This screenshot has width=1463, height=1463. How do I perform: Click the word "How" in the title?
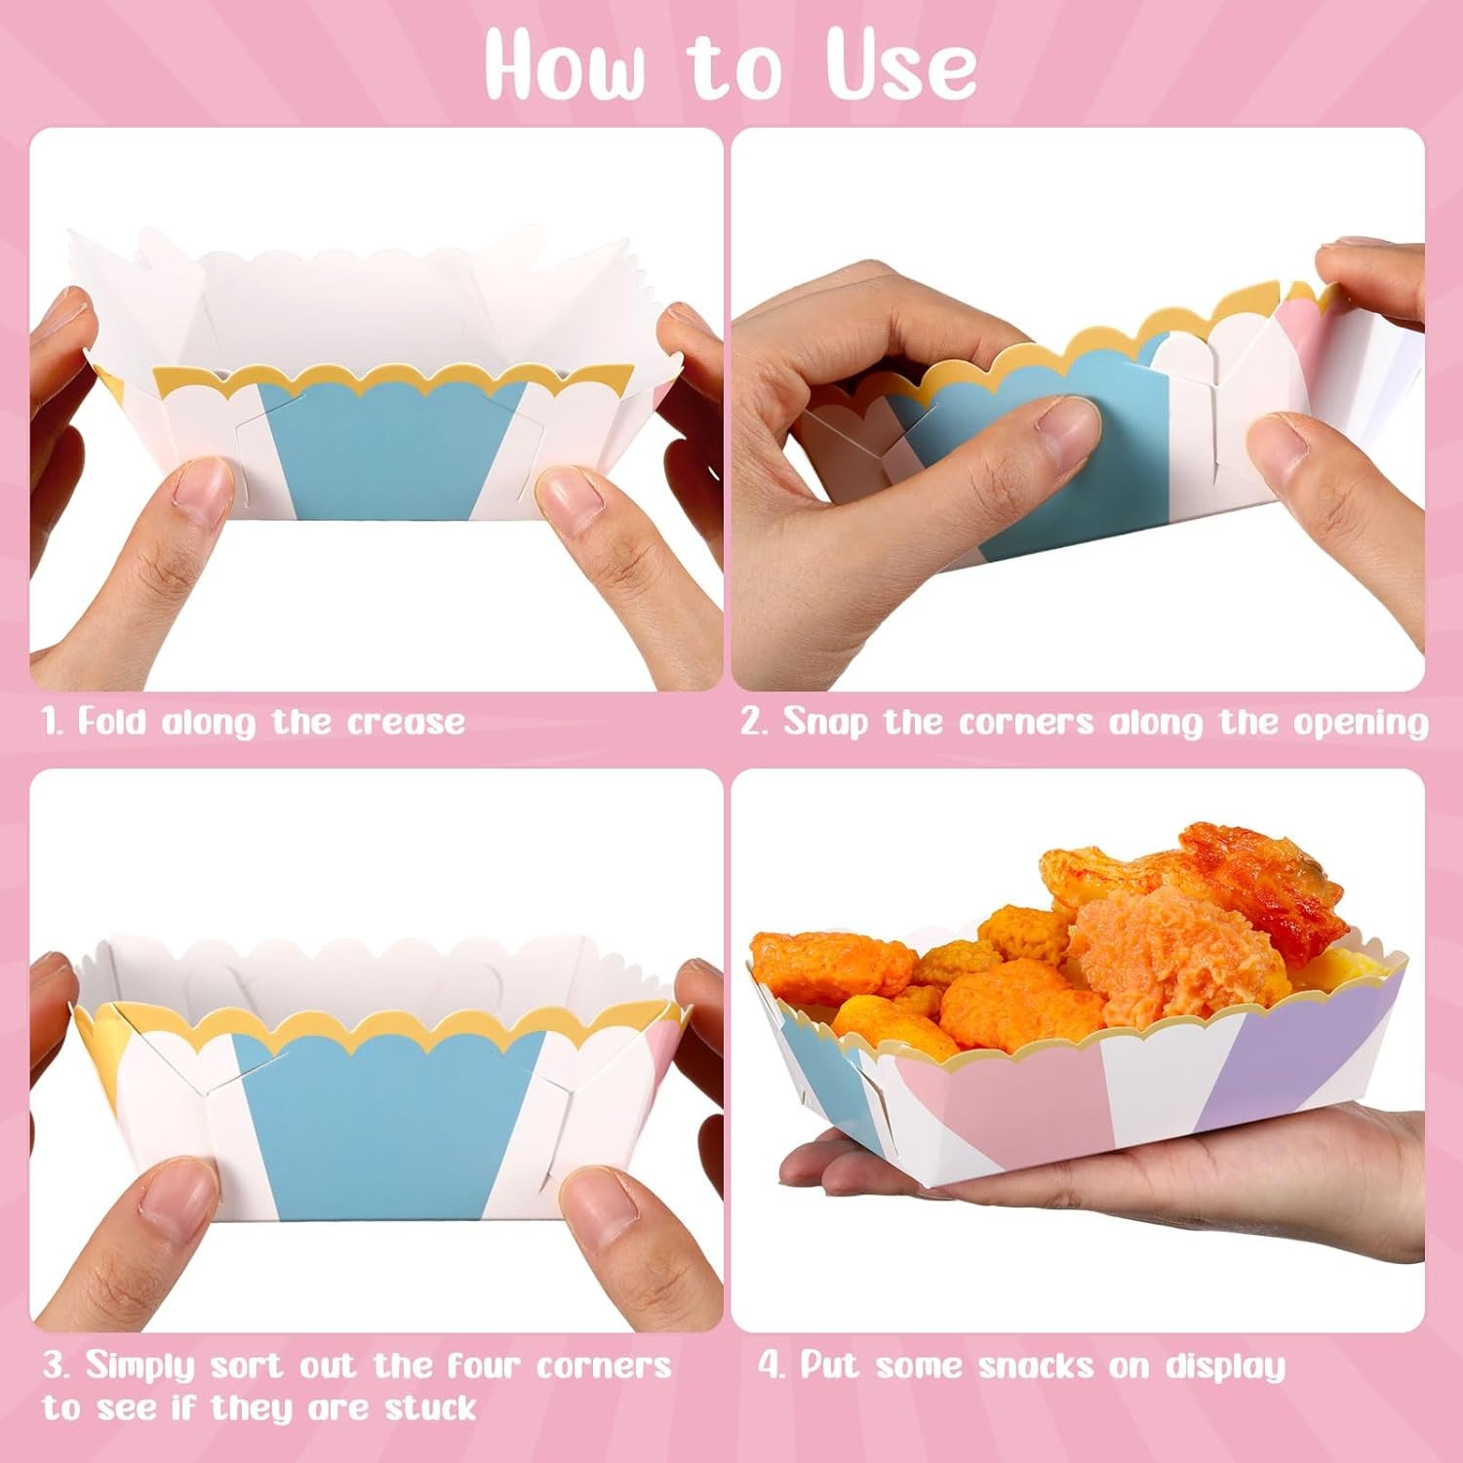(x=565, y=65)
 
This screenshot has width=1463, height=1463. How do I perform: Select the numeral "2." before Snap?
(x=755, y=722)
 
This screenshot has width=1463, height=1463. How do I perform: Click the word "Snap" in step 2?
(x=825, y=724)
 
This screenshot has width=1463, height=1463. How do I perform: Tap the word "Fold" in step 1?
(x=111, y=722)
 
